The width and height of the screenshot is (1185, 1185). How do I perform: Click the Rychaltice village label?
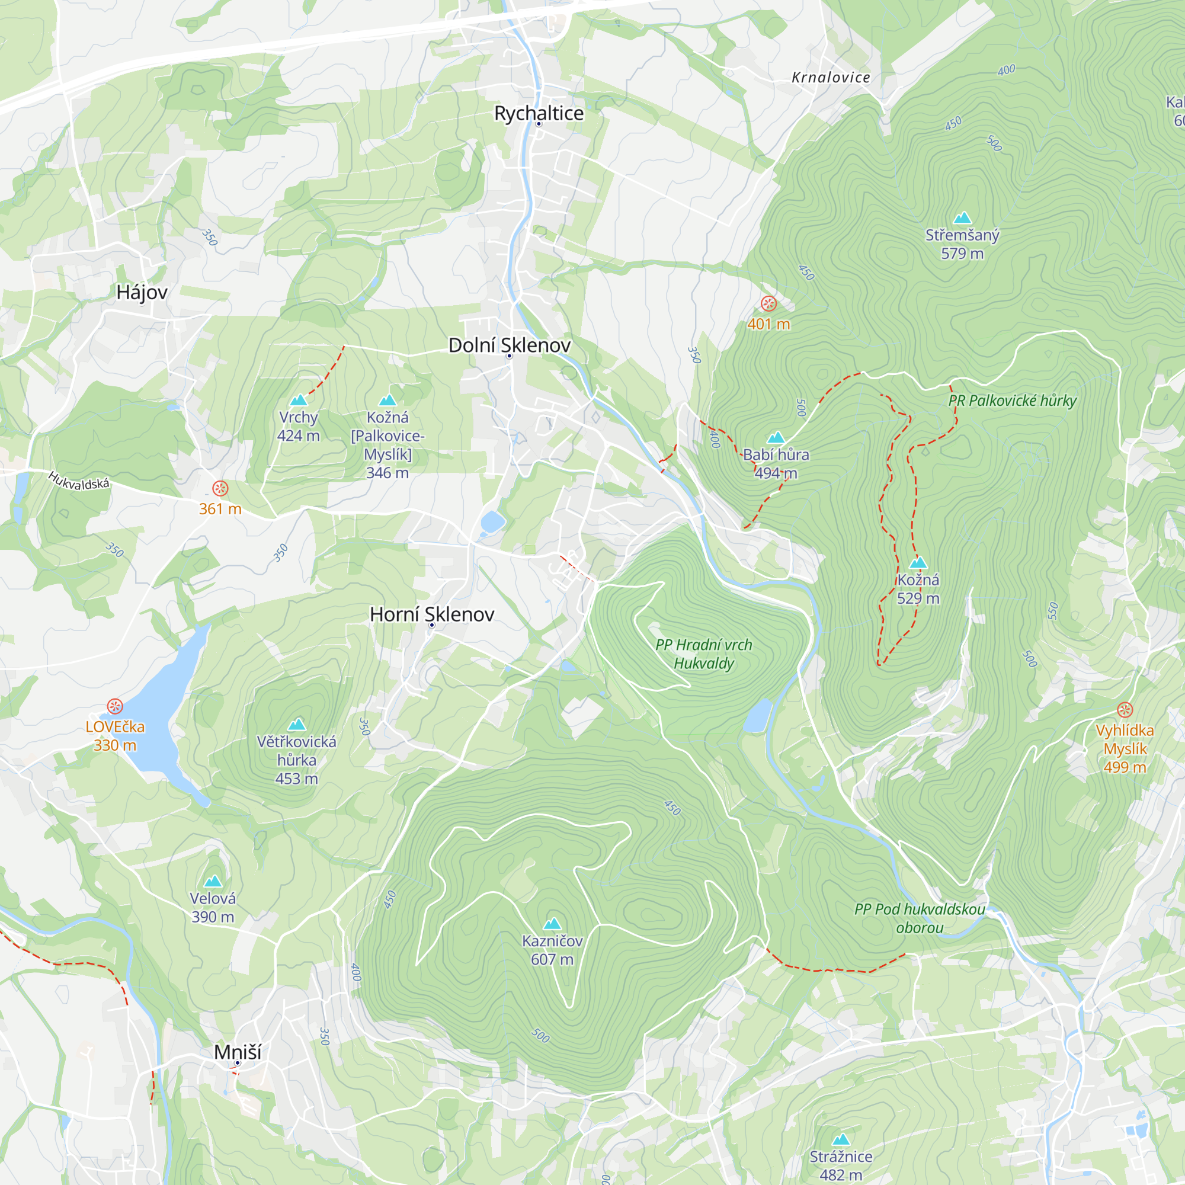coord(539,114)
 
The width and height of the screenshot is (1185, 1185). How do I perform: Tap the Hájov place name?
coord(142,293)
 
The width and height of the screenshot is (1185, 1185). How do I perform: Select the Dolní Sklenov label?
coord(509,345)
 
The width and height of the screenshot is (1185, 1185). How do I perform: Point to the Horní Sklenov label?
coord(432,614)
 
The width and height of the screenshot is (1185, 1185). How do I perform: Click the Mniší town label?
coord(238,1052)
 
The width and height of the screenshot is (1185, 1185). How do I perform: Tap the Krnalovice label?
coord(831,78)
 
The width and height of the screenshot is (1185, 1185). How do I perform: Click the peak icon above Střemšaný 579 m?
coord(962,217)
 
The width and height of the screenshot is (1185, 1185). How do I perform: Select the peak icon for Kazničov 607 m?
coord(552,924)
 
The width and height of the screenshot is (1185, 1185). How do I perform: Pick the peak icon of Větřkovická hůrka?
coord(297,725)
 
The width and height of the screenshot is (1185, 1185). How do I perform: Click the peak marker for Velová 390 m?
coord(213,882)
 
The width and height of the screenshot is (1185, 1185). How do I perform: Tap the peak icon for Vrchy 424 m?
coord(298,401)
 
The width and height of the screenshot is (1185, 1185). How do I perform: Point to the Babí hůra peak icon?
coord(776,437)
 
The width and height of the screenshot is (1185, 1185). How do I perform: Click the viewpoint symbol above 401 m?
coord(768,303)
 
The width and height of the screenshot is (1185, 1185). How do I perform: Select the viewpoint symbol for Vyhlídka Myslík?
coord(1125,710)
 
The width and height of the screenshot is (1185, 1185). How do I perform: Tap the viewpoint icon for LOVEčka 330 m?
coord(115,707)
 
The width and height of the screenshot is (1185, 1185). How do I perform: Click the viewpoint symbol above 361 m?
coord(220,489)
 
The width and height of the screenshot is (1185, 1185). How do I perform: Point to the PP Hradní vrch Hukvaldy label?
coord(703,654)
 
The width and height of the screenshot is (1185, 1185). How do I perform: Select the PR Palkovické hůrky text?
coord(1012,401)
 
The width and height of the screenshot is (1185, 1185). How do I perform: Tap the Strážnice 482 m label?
coord(840,1165)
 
